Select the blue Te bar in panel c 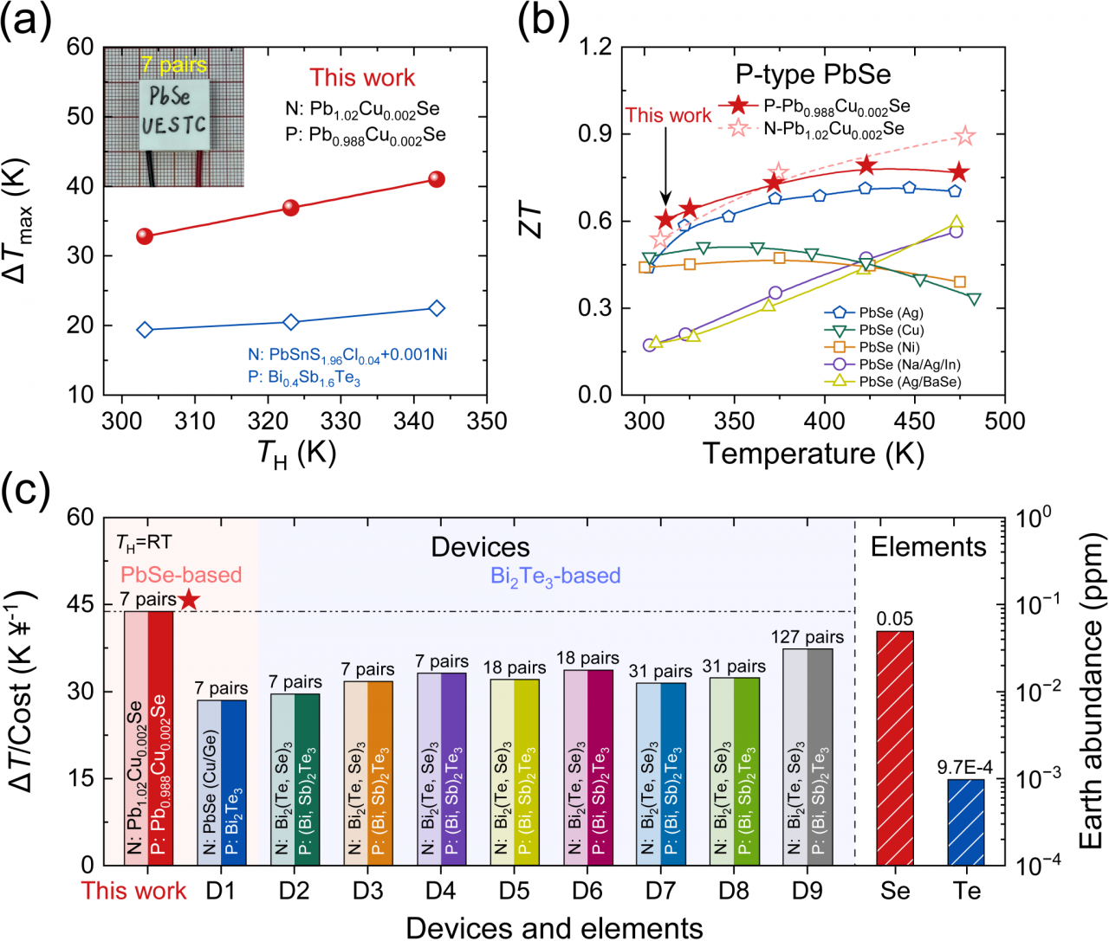[x=966, y=822]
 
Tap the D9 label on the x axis [x=807, y=891]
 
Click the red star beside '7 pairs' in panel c [x=189, y=599]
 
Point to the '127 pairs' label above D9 [x=807, y=637]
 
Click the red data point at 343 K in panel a [x=437, y=179]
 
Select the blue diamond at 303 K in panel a [x=145, y=330]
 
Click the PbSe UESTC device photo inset [x=173, y=118]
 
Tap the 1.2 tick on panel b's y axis [x=595, y=47]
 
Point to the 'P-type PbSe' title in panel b [x=813, y=74]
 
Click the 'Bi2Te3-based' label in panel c [x=555, y=577]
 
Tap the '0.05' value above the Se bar [x=895, y=619]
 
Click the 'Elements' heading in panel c [x=928, y=547]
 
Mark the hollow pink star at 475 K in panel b [x=965, y=137]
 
